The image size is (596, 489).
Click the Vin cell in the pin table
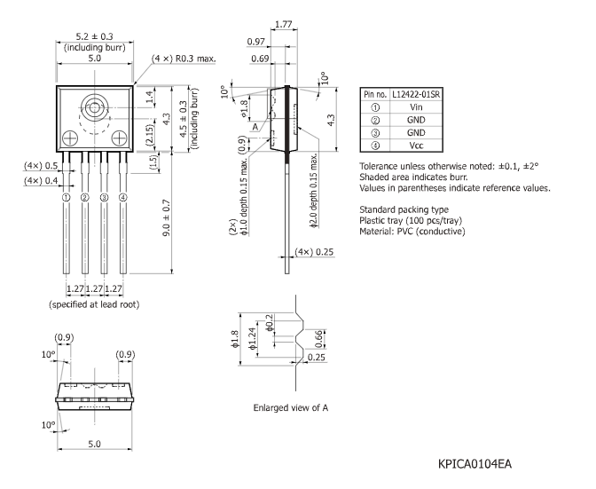tap(416, 107)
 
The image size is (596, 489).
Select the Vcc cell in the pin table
tap(416, 146)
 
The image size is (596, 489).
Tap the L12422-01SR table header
tap(416, 94)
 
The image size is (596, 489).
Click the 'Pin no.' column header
tap(375, 94)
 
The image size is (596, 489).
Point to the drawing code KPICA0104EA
tap(474, 464)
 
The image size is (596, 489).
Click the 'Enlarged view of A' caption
tap(291, 407)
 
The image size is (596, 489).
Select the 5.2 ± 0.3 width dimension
tap(95, 36)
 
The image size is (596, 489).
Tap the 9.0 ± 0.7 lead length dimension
tap(167, 217)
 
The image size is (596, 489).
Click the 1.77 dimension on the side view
tap(284, 24)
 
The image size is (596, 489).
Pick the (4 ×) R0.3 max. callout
tap(184, 59)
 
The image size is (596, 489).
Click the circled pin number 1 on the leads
tap(67, 197)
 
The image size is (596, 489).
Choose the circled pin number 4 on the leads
tap(122, 197)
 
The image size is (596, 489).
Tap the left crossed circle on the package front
tap(70, 138)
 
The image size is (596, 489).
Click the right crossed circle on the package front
tap(120, 138)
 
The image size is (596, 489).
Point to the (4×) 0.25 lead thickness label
tap(314, 252)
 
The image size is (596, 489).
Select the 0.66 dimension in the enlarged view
tap(319, 338)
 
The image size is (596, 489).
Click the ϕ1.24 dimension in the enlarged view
tap(252, 338)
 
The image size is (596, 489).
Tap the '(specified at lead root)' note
tap(94, 304)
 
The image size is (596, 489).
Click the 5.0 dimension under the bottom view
tap(95, 444)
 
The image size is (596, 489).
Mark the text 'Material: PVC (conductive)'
tap(412, 232)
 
